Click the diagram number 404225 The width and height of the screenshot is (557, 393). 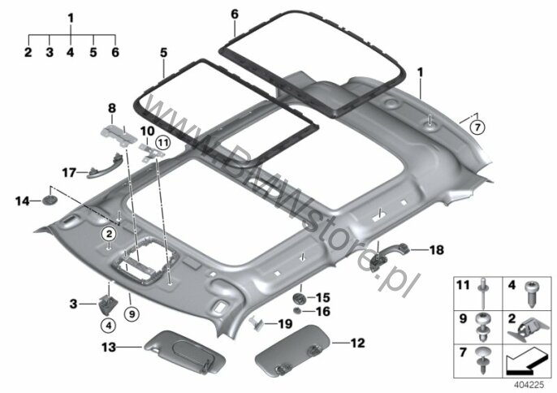pyautogui.click(x=529, y=384)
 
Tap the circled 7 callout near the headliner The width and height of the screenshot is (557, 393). pyautogui.click(x=477, y=127)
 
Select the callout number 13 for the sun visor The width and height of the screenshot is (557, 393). pyautogui.click(x=109, y=347)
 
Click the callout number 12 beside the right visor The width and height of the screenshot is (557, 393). pyautogui.click(x=358, y=343)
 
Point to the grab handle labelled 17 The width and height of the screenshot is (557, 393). pyautogui.click(x=105, y=166)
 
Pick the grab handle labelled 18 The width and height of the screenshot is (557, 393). pyautogui.click(x=389, y=256)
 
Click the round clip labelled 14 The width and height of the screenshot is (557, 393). pyautogui.click(x=50, y=201)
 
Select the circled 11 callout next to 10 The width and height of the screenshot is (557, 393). pyautogui.click(x=163, y=143)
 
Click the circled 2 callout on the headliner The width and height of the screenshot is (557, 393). pyautogui.click(x=109, y=234)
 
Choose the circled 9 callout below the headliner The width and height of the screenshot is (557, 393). pyautogui.click(x=132, y=314)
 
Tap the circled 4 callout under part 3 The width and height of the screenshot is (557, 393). pyautogui.click(x=108, y=325)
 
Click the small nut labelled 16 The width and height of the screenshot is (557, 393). pyautogui.click(x=298, y=311)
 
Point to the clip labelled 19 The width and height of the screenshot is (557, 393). pyautogui.click(x=257, y=323)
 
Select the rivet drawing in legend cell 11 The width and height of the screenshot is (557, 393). pyautogui.click(x=483, y=293)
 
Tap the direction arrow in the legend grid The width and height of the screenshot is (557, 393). pyautogui.click(x=525, y=361)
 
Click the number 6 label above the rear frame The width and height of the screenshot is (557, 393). pyautogui.click(x=235, y=15)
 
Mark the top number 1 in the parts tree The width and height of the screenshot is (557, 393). pyautogui.click(x=71, y=18)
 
